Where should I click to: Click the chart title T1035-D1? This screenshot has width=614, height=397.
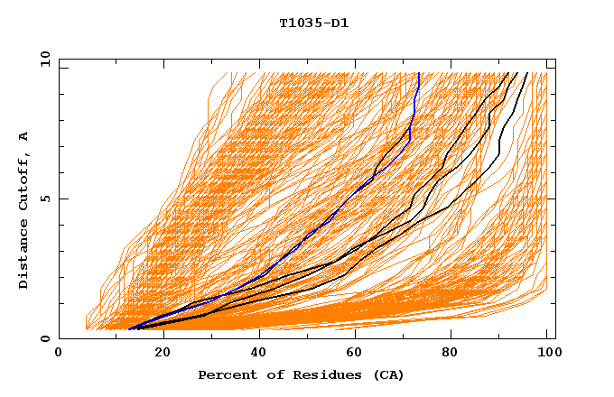pos(313,23)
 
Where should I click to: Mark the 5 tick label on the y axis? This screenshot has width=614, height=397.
pos(44,198)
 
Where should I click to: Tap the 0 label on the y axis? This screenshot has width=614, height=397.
pos(44,338)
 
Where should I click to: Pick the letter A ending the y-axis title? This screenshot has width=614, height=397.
pos(23,135)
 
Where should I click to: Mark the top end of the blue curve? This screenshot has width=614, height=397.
pos(419,73)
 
